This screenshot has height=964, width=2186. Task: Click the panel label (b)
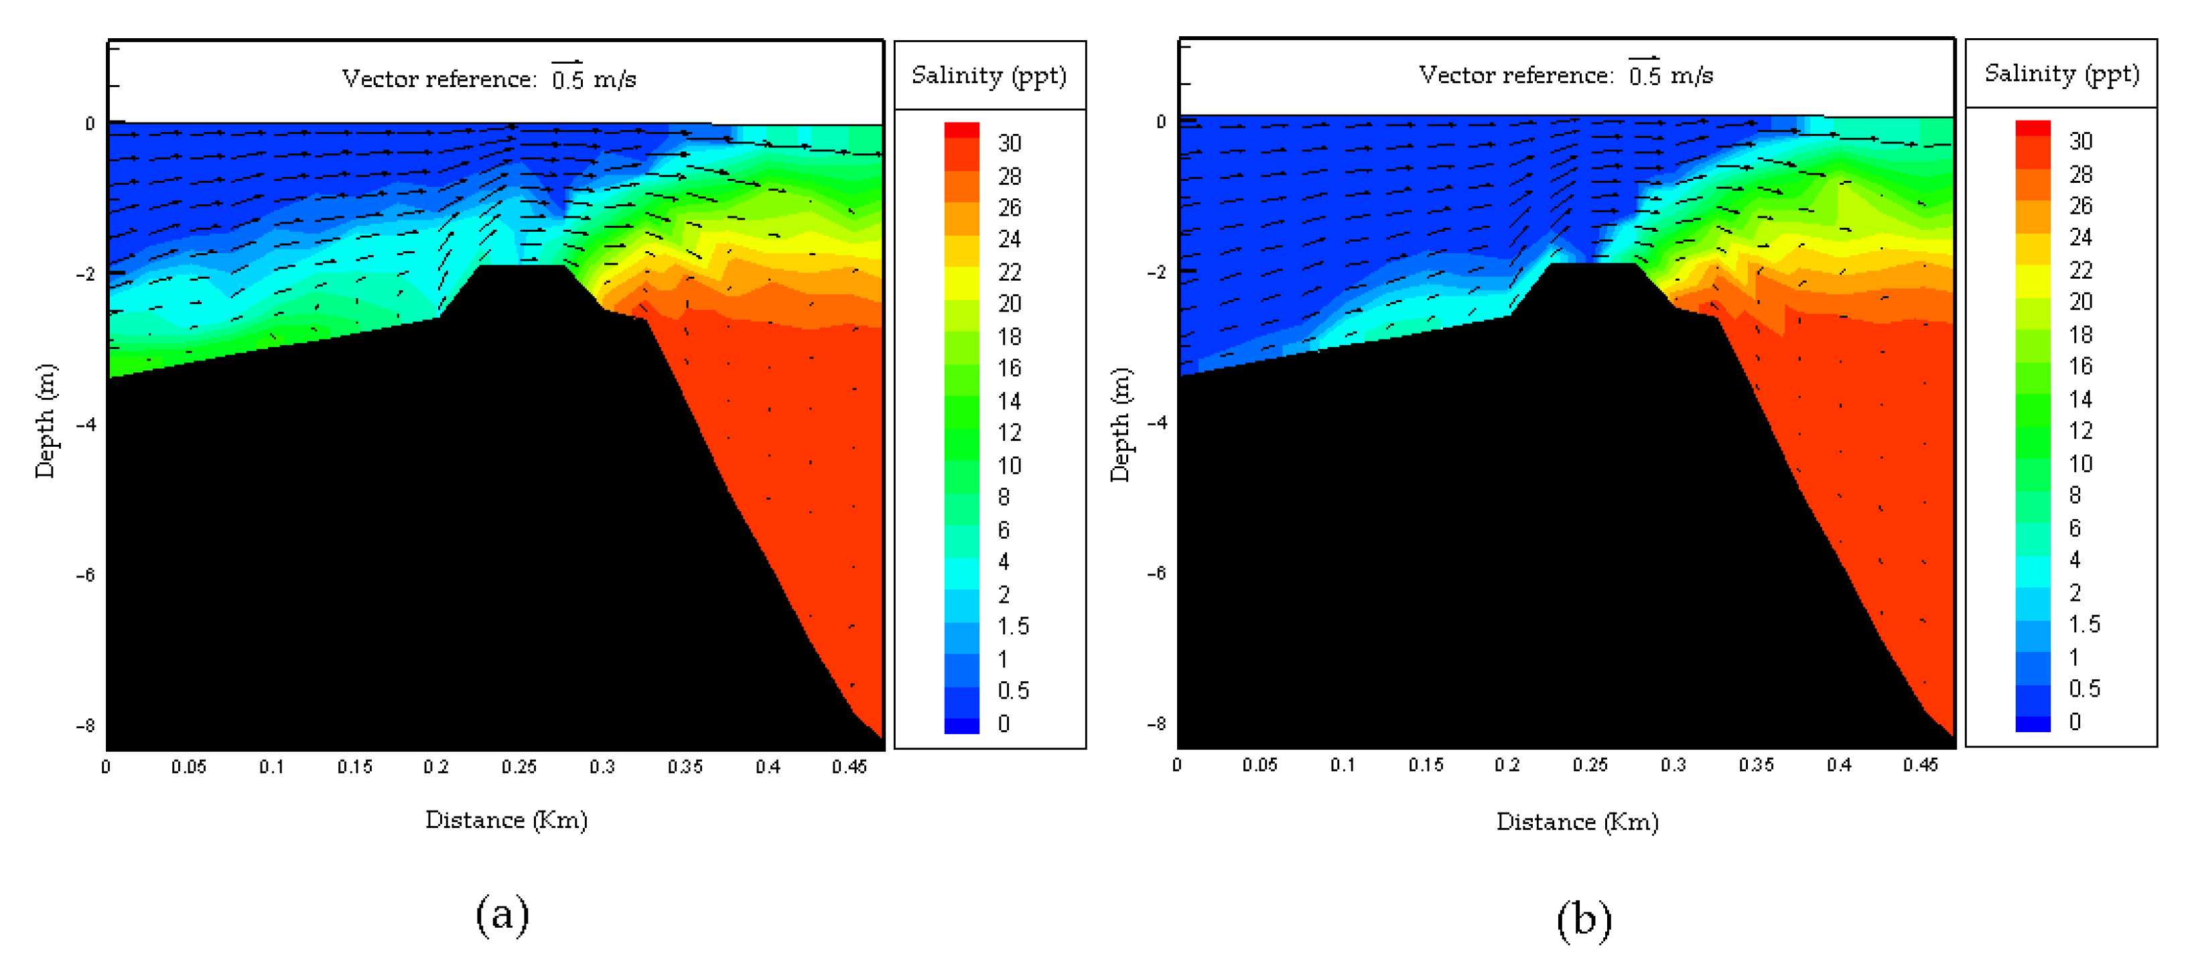[x=1584, y=920]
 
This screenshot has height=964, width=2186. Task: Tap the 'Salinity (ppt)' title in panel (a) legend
[x=989, y=76]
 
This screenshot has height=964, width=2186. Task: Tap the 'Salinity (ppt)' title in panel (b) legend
[x=2061, y=74]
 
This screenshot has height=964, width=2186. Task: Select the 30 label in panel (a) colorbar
[x=1009, y=143]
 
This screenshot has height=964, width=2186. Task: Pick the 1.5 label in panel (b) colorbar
[x=2083, y=624]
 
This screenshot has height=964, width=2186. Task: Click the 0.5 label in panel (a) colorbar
[x=1012, y=691]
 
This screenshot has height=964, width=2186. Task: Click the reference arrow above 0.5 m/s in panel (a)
[x=567, y=62]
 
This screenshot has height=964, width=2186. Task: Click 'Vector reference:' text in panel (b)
[x=1515, y=76]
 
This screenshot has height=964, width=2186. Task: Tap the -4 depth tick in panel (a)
[x=86, y=424]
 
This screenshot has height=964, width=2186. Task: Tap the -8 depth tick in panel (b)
[x=1157, y=724]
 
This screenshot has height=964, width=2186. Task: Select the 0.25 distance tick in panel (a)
[x=519, y=767]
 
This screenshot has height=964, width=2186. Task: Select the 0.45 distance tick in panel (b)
[x=1919, y=766]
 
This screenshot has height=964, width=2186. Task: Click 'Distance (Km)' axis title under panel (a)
[x=506, y=821]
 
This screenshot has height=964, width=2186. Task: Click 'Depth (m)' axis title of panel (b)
[x=1120, y=424]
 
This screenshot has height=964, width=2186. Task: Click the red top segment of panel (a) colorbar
[x=961, y=130]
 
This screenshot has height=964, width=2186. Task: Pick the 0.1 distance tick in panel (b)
[x=1342, y=766]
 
